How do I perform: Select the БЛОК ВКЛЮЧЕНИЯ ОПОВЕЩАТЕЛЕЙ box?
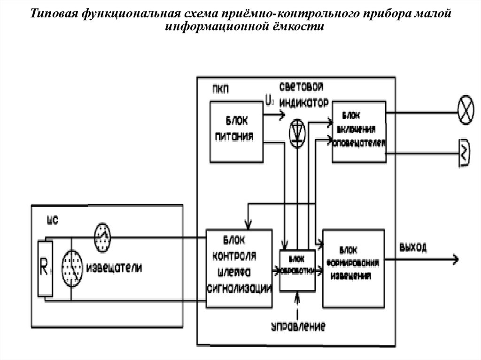tap(359, 131)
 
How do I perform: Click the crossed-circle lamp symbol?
tap(465, 113)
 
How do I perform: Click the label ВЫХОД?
tap(413, 247)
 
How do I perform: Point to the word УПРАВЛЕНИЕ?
tap(299, 326)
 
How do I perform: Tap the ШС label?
tap(53, 221)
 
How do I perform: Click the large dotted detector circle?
tap(72, 268)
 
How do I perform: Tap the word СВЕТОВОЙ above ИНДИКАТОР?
tap(302, 88)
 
